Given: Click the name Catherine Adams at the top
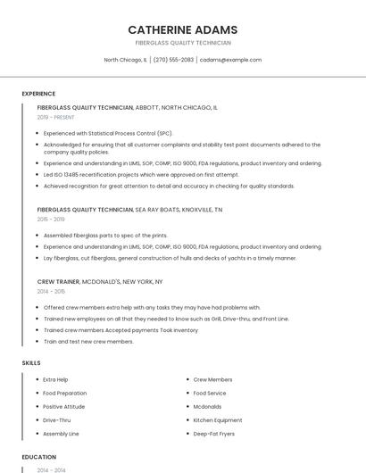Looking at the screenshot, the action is [x=182, y=29].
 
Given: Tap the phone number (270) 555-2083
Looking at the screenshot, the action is [x=173, y=60].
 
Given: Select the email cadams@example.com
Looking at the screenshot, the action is [x=230, y=60].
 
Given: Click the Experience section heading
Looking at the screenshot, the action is [x=38, y=94].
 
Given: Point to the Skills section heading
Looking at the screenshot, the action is [x=31, y=363].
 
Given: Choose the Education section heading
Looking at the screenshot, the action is [x=38, y=457].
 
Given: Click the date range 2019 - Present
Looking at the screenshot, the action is [x=56, y=117].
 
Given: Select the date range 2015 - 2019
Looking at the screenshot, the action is [x=51, y=219].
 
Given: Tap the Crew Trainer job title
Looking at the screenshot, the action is [x=59, y=281].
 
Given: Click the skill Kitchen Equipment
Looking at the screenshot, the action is [x=218, y=419].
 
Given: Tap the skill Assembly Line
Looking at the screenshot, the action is [x=61, y=433].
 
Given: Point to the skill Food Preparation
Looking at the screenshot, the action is [x=64, y=393].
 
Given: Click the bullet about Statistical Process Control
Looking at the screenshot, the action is [x=108, y=133].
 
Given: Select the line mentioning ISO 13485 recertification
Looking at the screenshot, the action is [x=141, y=175].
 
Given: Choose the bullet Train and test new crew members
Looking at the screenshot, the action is [x=88, y=341].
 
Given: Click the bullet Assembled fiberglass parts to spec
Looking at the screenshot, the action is [x=105, y=236].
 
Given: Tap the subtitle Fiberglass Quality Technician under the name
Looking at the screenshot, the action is [x=182, y=43].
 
